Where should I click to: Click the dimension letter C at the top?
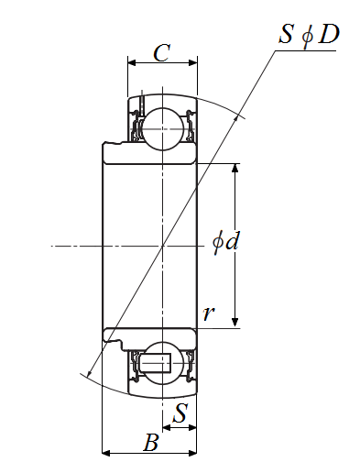tap(161, 52)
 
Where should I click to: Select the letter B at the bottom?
tap(151, 442)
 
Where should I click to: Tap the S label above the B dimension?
tap(180, 412)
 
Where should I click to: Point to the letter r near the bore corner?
tap(209, 313)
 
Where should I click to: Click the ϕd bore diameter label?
tap(225, 243)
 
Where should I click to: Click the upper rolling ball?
tap(163, 129)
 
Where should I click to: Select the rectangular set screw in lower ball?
tap(155, 363)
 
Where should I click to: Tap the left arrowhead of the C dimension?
tap(132, 63)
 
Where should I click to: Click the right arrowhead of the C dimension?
tap(193, 63)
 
